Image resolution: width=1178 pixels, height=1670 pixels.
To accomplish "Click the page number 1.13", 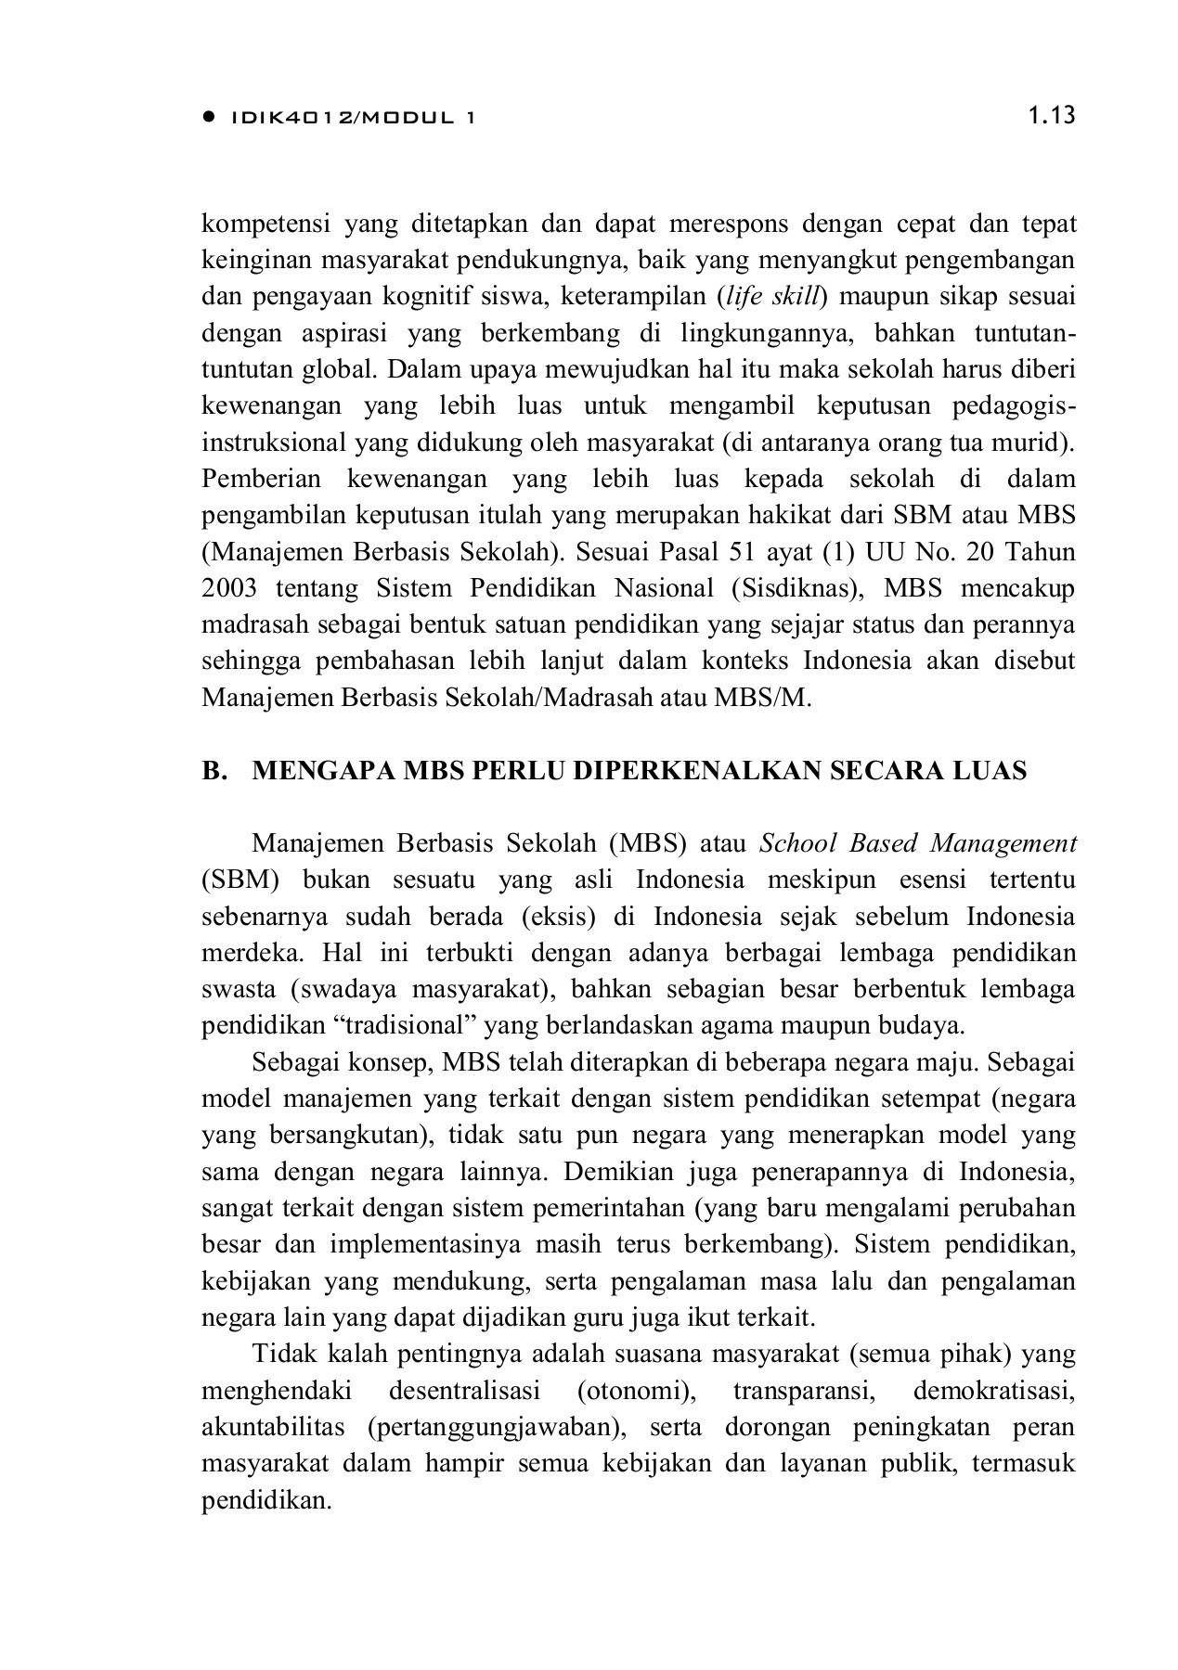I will [1051, 116].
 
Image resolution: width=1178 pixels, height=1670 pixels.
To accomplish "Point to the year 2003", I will [227, 588].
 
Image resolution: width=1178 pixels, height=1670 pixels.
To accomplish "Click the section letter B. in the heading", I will [214, 771].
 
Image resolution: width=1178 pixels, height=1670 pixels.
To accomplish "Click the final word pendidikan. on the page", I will [266, 1500].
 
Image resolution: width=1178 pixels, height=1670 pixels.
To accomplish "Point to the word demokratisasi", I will [993, 1392].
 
